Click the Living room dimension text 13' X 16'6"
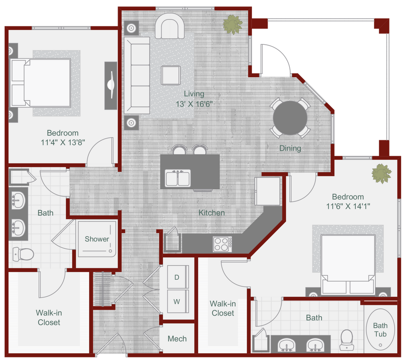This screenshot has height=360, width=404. point(193,104)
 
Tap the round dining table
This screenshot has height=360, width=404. point(290,118)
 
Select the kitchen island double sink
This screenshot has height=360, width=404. point(178,178)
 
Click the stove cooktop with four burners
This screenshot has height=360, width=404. point(222,244)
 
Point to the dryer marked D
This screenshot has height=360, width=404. point(177,277)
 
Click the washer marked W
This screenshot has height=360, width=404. point(177,302)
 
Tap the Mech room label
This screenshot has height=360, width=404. point(177,339)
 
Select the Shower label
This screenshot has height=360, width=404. point(97,239)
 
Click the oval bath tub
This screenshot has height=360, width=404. point(380,329)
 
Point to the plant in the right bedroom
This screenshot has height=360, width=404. point(381,174)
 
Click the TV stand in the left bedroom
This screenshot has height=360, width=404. point(111,85)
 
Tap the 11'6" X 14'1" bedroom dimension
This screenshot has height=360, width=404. point(348,206)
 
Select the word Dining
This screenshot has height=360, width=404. point(290,148)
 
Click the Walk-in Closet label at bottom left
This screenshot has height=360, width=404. point(49,318)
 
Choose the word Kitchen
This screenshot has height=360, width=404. point(211,212)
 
